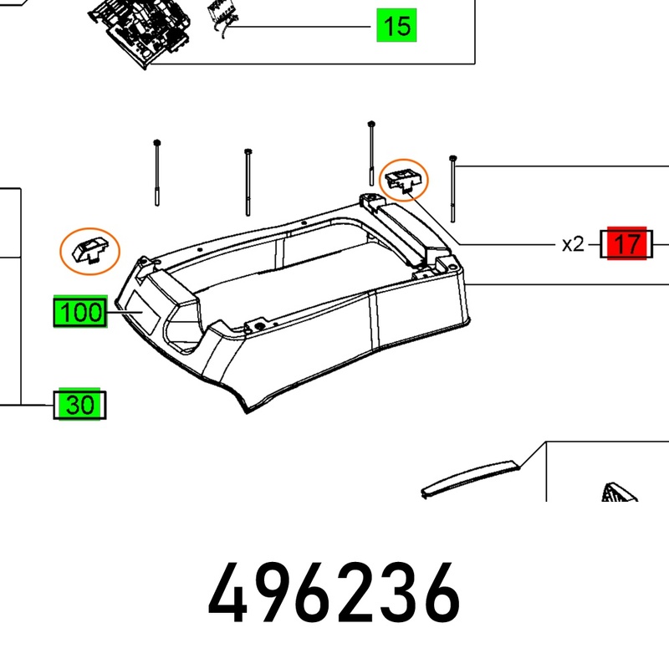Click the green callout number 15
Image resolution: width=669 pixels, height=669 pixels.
[x=396, y=26]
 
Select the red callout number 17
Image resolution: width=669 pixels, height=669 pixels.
[x=626, y=243]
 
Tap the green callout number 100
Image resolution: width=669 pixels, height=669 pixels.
[x=80, y=311]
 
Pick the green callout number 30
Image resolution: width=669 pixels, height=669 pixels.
[x=79, y=405]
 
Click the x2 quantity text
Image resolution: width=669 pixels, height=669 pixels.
[x=573, y=245]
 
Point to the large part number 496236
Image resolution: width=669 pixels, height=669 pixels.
[x=334, y=594]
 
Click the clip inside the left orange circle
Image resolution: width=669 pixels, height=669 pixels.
[x=90, y=251]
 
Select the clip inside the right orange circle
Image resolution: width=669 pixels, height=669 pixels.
[x=404, y=179]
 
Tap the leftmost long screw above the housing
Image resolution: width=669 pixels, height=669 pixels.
[x=157, y=173]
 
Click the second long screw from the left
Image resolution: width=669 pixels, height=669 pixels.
[x=248, y=182]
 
